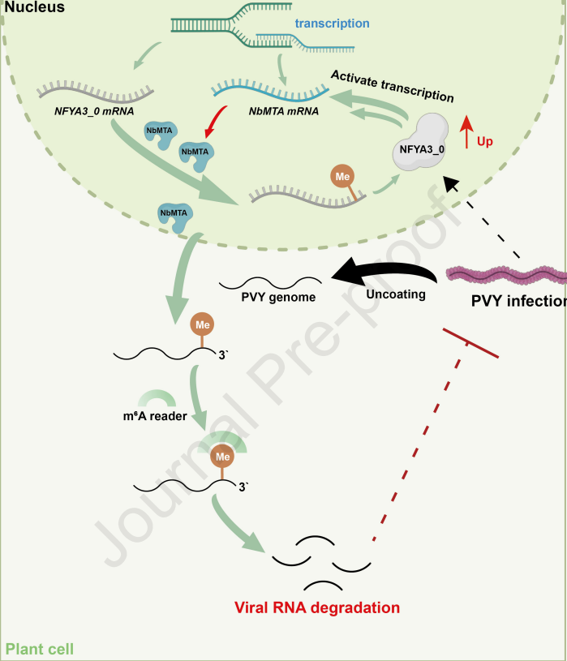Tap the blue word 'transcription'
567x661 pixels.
click(x=332, y=24)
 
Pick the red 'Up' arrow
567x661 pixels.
click(x=466, y=132)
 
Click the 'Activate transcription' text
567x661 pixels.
click(x=393, y=84)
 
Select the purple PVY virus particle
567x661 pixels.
click(x=506, y=276)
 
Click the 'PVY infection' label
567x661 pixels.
click(x=518, y=301)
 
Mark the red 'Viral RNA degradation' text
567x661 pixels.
click(x=317, y=607)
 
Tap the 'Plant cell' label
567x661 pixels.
click(x=40, y=649)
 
